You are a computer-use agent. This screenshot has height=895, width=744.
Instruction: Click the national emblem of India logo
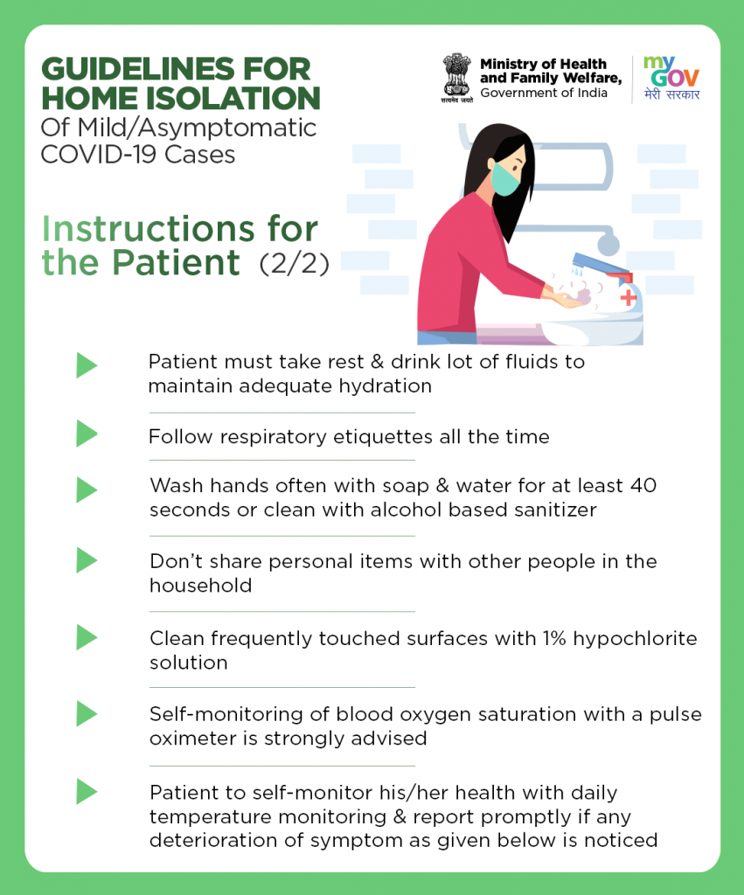coord(456,78)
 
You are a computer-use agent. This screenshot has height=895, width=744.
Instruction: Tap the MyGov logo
coord(671,78)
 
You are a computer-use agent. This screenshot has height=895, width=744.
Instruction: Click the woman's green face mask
coord(506,178)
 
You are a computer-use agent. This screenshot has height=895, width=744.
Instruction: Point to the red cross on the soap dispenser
coord(628,297)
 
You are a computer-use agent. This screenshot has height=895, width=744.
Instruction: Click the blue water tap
coord(601,265)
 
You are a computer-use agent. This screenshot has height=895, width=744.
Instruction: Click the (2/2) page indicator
coord(294,264)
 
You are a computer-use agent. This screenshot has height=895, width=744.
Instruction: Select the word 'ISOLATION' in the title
coord(233,98)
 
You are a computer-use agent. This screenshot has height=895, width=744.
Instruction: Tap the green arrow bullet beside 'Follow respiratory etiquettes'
coord(87,434)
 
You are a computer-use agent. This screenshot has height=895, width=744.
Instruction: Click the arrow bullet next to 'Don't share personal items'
coord(87,560)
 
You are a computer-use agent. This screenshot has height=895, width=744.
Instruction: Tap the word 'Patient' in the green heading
coord(176,262)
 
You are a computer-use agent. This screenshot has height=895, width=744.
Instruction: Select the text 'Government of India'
coord(544,93)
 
